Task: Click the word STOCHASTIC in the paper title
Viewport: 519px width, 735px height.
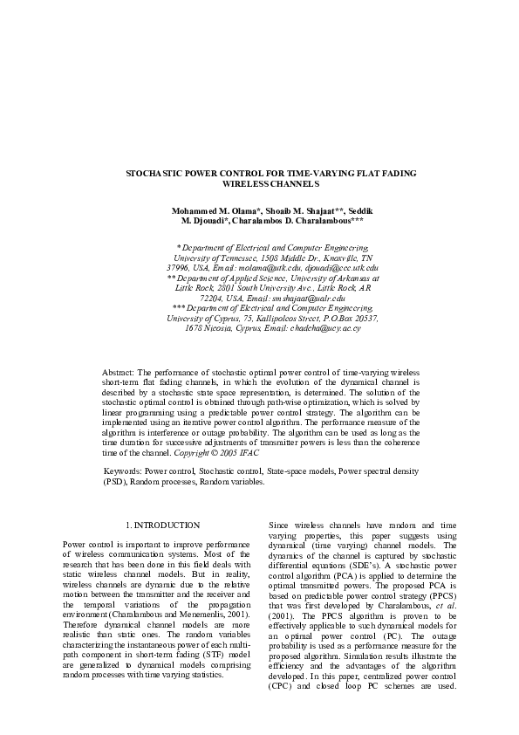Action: click(155, 175)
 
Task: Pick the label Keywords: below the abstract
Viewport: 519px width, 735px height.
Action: click(125, 471)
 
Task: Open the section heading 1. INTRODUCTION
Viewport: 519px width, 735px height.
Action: click(163, 525)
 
